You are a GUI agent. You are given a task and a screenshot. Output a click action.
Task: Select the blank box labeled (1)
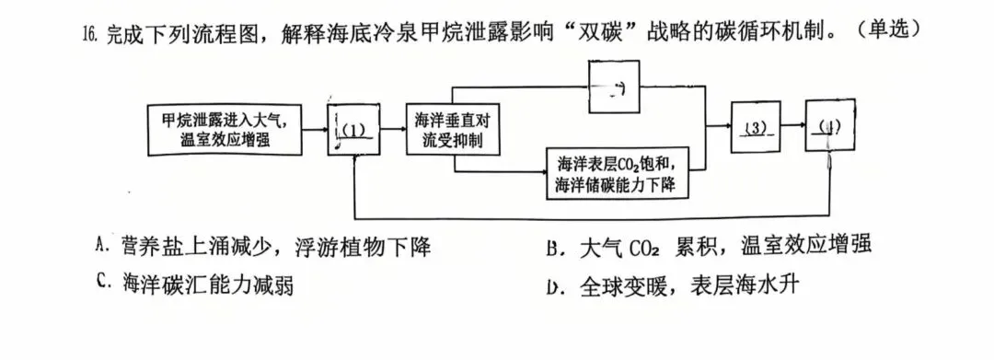355,130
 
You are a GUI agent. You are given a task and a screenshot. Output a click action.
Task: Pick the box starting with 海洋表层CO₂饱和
617,174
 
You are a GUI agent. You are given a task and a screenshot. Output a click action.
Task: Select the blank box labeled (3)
756,128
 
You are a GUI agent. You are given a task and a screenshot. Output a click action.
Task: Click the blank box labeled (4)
831,128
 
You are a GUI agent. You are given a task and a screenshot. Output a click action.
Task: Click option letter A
102,246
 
